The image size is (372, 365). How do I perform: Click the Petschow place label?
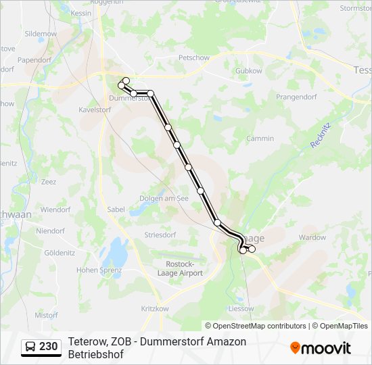pyautogui.click(x=193, y=58)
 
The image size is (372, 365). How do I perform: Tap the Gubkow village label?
pyautogui.click(x=248, y=70)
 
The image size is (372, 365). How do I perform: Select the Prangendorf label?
pyautogui.click(x=297, y=97)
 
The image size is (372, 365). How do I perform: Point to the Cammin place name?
pyautogui.click(x=260, y=139)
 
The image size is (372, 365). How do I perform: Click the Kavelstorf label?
pyautogui.click(x=95, y=109)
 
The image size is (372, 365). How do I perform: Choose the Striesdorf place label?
pyautogui.click(x=160, y=235)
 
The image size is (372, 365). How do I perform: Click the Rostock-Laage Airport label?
pyautogui.click(x=184, y=268)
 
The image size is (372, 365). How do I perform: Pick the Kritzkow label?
pyautogui.click(x=155, y=308)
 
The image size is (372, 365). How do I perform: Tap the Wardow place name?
pyautogui.click(x=312, y=237)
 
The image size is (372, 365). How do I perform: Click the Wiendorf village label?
pyautogui.click(x=55, y=210)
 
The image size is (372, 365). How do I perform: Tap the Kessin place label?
pyautogui.click(x=81, y=13)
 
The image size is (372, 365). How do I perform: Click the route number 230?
pyautogui.click(x=48, y=347)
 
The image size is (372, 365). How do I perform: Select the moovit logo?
pyautogui.click(x=321, y=348)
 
